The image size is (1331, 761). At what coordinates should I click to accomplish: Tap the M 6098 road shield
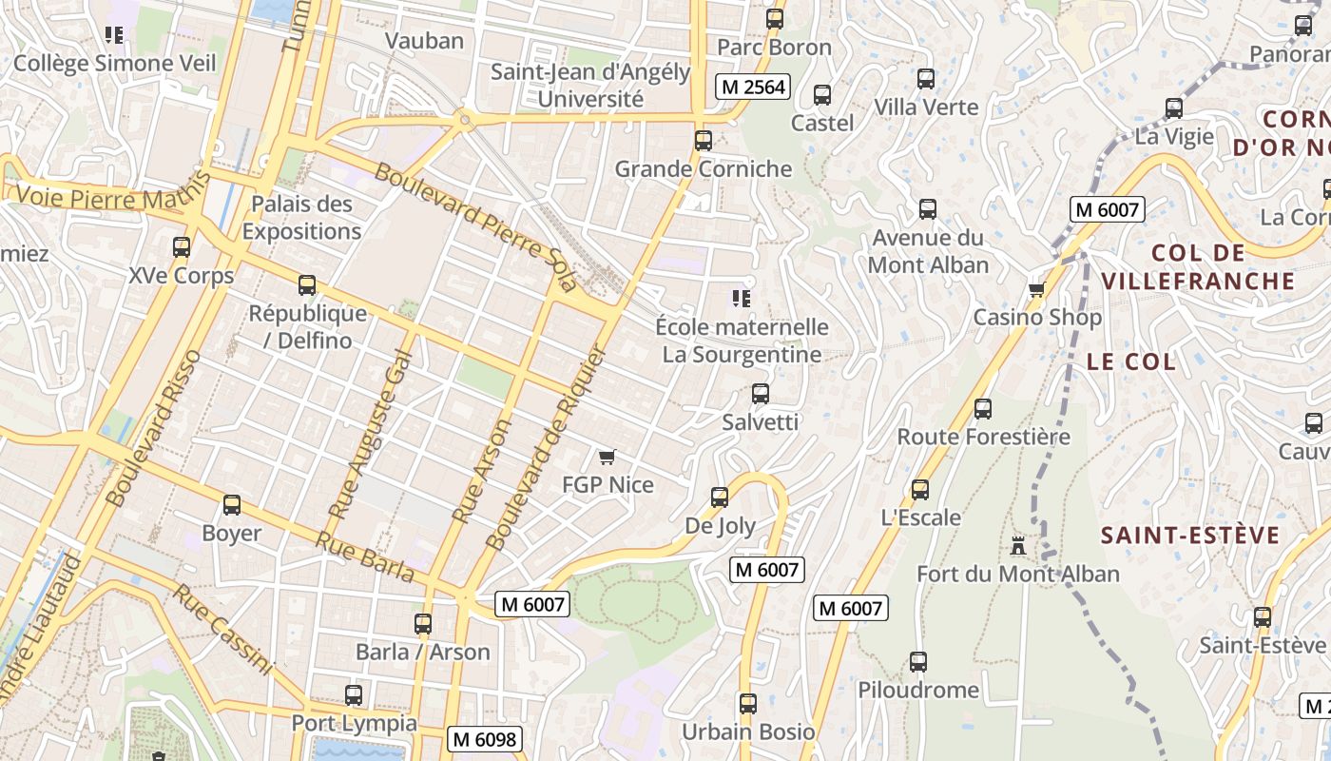pos(485,738)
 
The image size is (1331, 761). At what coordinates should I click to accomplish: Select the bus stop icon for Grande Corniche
pos(704,141)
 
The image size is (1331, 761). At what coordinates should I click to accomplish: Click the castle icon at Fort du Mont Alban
pos(1018,546)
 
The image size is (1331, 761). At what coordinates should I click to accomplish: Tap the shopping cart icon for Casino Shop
pos(1036,289)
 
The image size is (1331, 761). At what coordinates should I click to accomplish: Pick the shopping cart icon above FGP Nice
pos(608,457)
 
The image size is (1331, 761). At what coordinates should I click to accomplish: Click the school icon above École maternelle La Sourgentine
pos(742,299)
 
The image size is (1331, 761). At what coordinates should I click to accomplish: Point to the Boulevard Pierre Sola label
pos(476,226)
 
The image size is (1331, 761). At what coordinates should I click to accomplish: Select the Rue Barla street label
pos(365,556)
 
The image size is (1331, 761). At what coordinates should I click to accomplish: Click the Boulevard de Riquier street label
pos(545,447)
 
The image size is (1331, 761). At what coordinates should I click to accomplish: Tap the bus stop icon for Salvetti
pos(760,394)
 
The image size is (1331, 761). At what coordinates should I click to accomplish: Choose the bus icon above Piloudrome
pos(917,662)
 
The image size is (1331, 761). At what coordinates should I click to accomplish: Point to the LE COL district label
pos(1131,361)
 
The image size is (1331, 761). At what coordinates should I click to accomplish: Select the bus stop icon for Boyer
pos(231,505)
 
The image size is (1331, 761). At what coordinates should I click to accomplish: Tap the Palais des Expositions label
pos(301,217)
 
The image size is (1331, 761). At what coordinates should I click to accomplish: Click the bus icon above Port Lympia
pos(354,695)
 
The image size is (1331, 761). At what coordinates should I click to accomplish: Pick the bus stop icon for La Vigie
pos(1174,108)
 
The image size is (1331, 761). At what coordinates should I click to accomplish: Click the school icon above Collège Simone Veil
pos(114,36)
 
